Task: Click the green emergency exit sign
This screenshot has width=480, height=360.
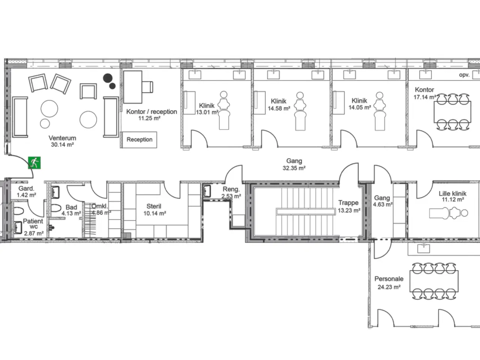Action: (34, 163)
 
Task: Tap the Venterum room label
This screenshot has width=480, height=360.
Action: (62, 138)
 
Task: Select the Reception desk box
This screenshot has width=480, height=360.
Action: (139, 139)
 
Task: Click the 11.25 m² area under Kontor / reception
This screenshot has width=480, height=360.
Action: (149, 118)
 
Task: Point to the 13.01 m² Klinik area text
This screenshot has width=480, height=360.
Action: (207, 112)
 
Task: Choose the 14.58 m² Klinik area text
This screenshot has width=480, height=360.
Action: (279, 108)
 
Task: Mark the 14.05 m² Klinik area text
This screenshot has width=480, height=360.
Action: (360, 108)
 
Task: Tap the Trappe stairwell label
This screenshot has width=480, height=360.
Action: (348, 203)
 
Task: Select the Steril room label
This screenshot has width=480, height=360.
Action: (154, 206)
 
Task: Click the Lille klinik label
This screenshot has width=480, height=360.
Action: (453, 193)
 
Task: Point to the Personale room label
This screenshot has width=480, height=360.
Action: (389, 279)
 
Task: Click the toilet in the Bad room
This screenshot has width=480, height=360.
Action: (56, 208)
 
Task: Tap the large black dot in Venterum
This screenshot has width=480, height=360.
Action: (108, 78)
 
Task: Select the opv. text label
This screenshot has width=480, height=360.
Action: (464, 75)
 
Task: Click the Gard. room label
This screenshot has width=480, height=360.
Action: (26, 189)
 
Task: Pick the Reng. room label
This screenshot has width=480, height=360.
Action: (231, 189)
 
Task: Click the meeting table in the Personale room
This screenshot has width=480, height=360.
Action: (434, 281)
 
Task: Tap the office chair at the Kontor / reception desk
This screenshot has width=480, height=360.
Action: (147, 87)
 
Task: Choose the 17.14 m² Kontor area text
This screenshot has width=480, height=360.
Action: (424, 97)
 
